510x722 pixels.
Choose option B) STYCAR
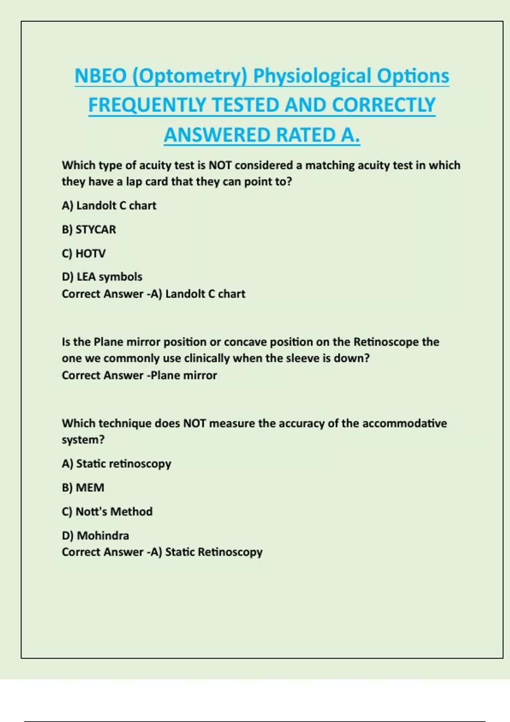(x=89, y=229)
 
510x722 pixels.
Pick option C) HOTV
(x=84, y=254)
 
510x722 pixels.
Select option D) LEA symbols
(x=102, y=277)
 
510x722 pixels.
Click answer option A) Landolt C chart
(x=109, y=206)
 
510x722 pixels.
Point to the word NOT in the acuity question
(x=219, y=165)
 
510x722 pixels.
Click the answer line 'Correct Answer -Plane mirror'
(x=139, y=375)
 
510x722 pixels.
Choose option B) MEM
(x=83, y=488)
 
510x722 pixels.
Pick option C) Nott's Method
(x=107, y=511)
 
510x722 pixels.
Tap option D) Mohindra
(x=95, y=536)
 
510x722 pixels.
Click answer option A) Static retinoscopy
(x=116, y=464)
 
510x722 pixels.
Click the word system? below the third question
(x=83, y=440)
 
